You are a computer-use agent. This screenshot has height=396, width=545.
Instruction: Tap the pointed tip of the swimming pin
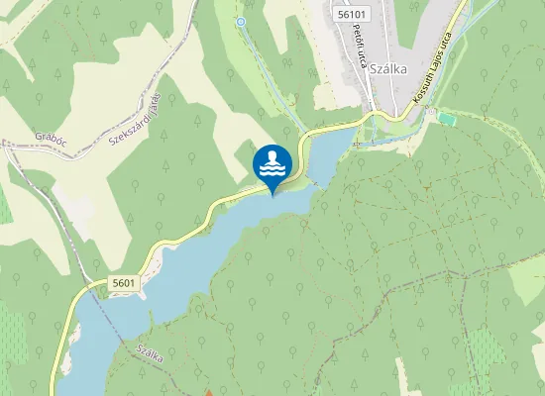[272, 194]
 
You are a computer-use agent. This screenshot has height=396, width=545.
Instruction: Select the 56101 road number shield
[352, 15]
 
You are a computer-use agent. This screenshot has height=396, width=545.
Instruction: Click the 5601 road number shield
[124, 283]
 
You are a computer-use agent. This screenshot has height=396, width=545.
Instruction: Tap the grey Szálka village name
[388, 70]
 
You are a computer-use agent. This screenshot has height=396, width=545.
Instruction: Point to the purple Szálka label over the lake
[150, 354]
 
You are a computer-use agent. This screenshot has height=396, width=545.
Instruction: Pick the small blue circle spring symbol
[240, 21]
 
